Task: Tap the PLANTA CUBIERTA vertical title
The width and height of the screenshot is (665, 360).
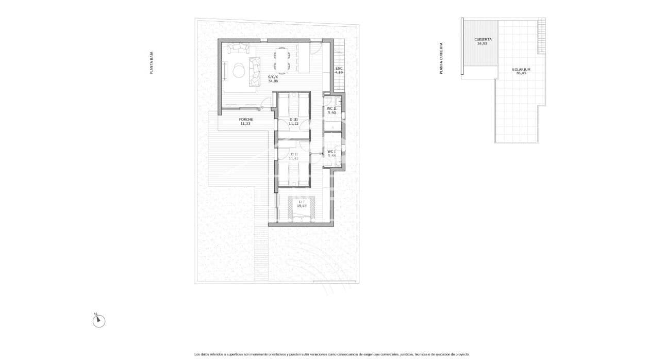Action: tap(441, 58)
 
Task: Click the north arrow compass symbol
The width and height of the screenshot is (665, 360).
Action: tap(98, 321)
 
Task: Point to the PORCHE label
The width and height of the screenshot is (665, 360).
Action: tap(245, 120)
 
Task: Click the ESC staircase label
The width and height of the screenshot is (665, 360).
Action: tap(339, 69)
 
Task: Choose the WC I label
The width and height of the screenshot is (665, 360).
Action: tap(331, 151)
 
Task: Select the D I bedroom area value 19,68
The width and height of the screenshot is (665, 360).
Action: tap(301, 206)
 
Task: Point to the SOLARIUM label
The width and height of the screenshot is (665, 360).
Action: tap(521, 69)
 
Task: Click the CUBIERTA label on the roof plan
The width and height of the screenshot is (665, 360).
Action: tap(483, 39)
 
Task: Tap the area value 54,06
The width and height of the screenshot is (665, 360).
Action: tap(273, 81)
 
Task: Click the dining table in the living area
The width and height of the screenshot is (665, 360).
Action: tap(281, 58)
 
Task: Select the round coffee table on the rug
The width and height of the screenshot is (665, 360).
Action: tap(239, 69)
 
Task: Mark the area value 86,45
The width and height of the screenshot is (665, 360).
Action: tap(521, 73)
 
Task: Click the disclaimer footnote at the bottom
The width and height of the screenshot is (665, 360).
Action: tap(332, 354)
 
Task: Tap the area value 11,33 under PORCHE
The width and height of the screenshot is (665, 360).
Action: tap(245, 124)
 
